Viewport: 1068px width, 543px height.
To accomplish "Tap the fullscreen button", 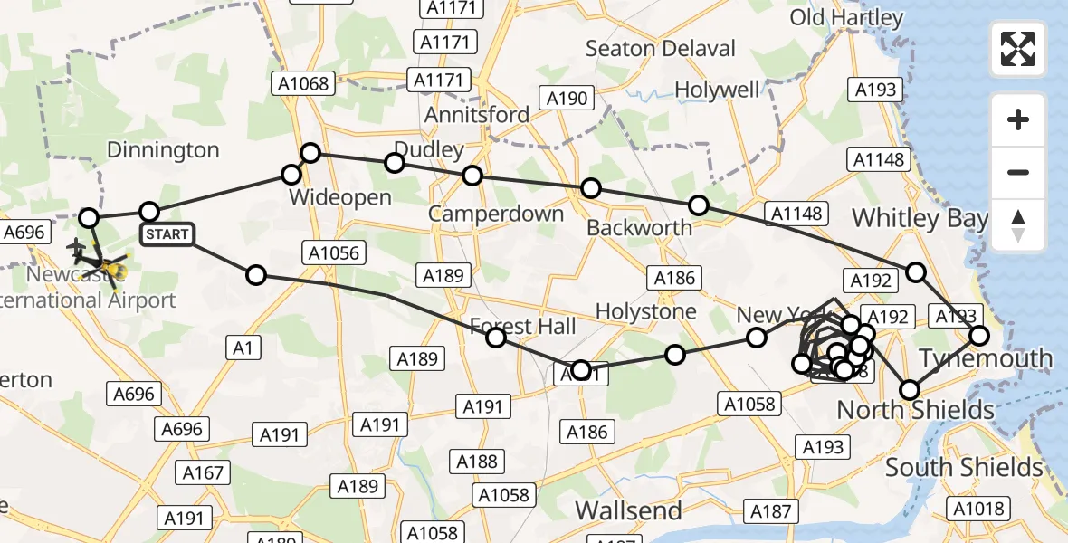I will tap(1018, 49).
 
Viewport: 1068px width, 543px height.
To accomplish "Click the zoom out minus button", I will tap(1018, 172).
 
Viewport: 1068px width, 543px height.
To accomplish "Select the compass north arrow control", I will tap(1018, 225).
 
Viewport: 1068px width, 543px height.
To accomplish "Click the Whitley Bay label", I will tap(920, 218).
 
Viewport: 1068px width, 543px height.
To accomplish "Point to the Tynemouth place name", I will tap(987, 358).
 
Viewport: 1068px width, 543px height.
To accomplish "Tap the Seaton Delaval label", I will tap(661, 48).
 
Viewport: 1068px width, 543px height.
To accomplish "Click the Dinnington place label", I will tap(164, 149).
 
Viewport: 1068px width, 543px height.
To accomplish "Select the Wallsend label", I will tap(629, 510).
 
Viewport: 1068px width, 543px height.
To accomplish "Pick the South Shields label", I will tap(964, 468).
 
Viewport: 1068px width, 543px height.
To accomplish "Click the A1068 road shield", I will tap(303, 83).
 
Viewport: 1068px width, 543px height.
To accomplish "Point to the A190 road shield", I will tap(567, 99).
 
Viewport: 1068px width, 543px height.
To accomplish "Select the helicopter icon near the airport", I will tap(113, 268).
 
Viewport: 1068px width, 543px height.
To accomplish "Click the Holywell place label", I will tap(718, 90).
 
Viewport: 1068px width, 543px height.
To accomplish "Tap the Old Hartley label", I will tap(846, 18).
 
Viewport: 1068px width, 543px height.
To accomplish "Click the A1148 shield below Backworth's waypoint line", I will tap(796, 214).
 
